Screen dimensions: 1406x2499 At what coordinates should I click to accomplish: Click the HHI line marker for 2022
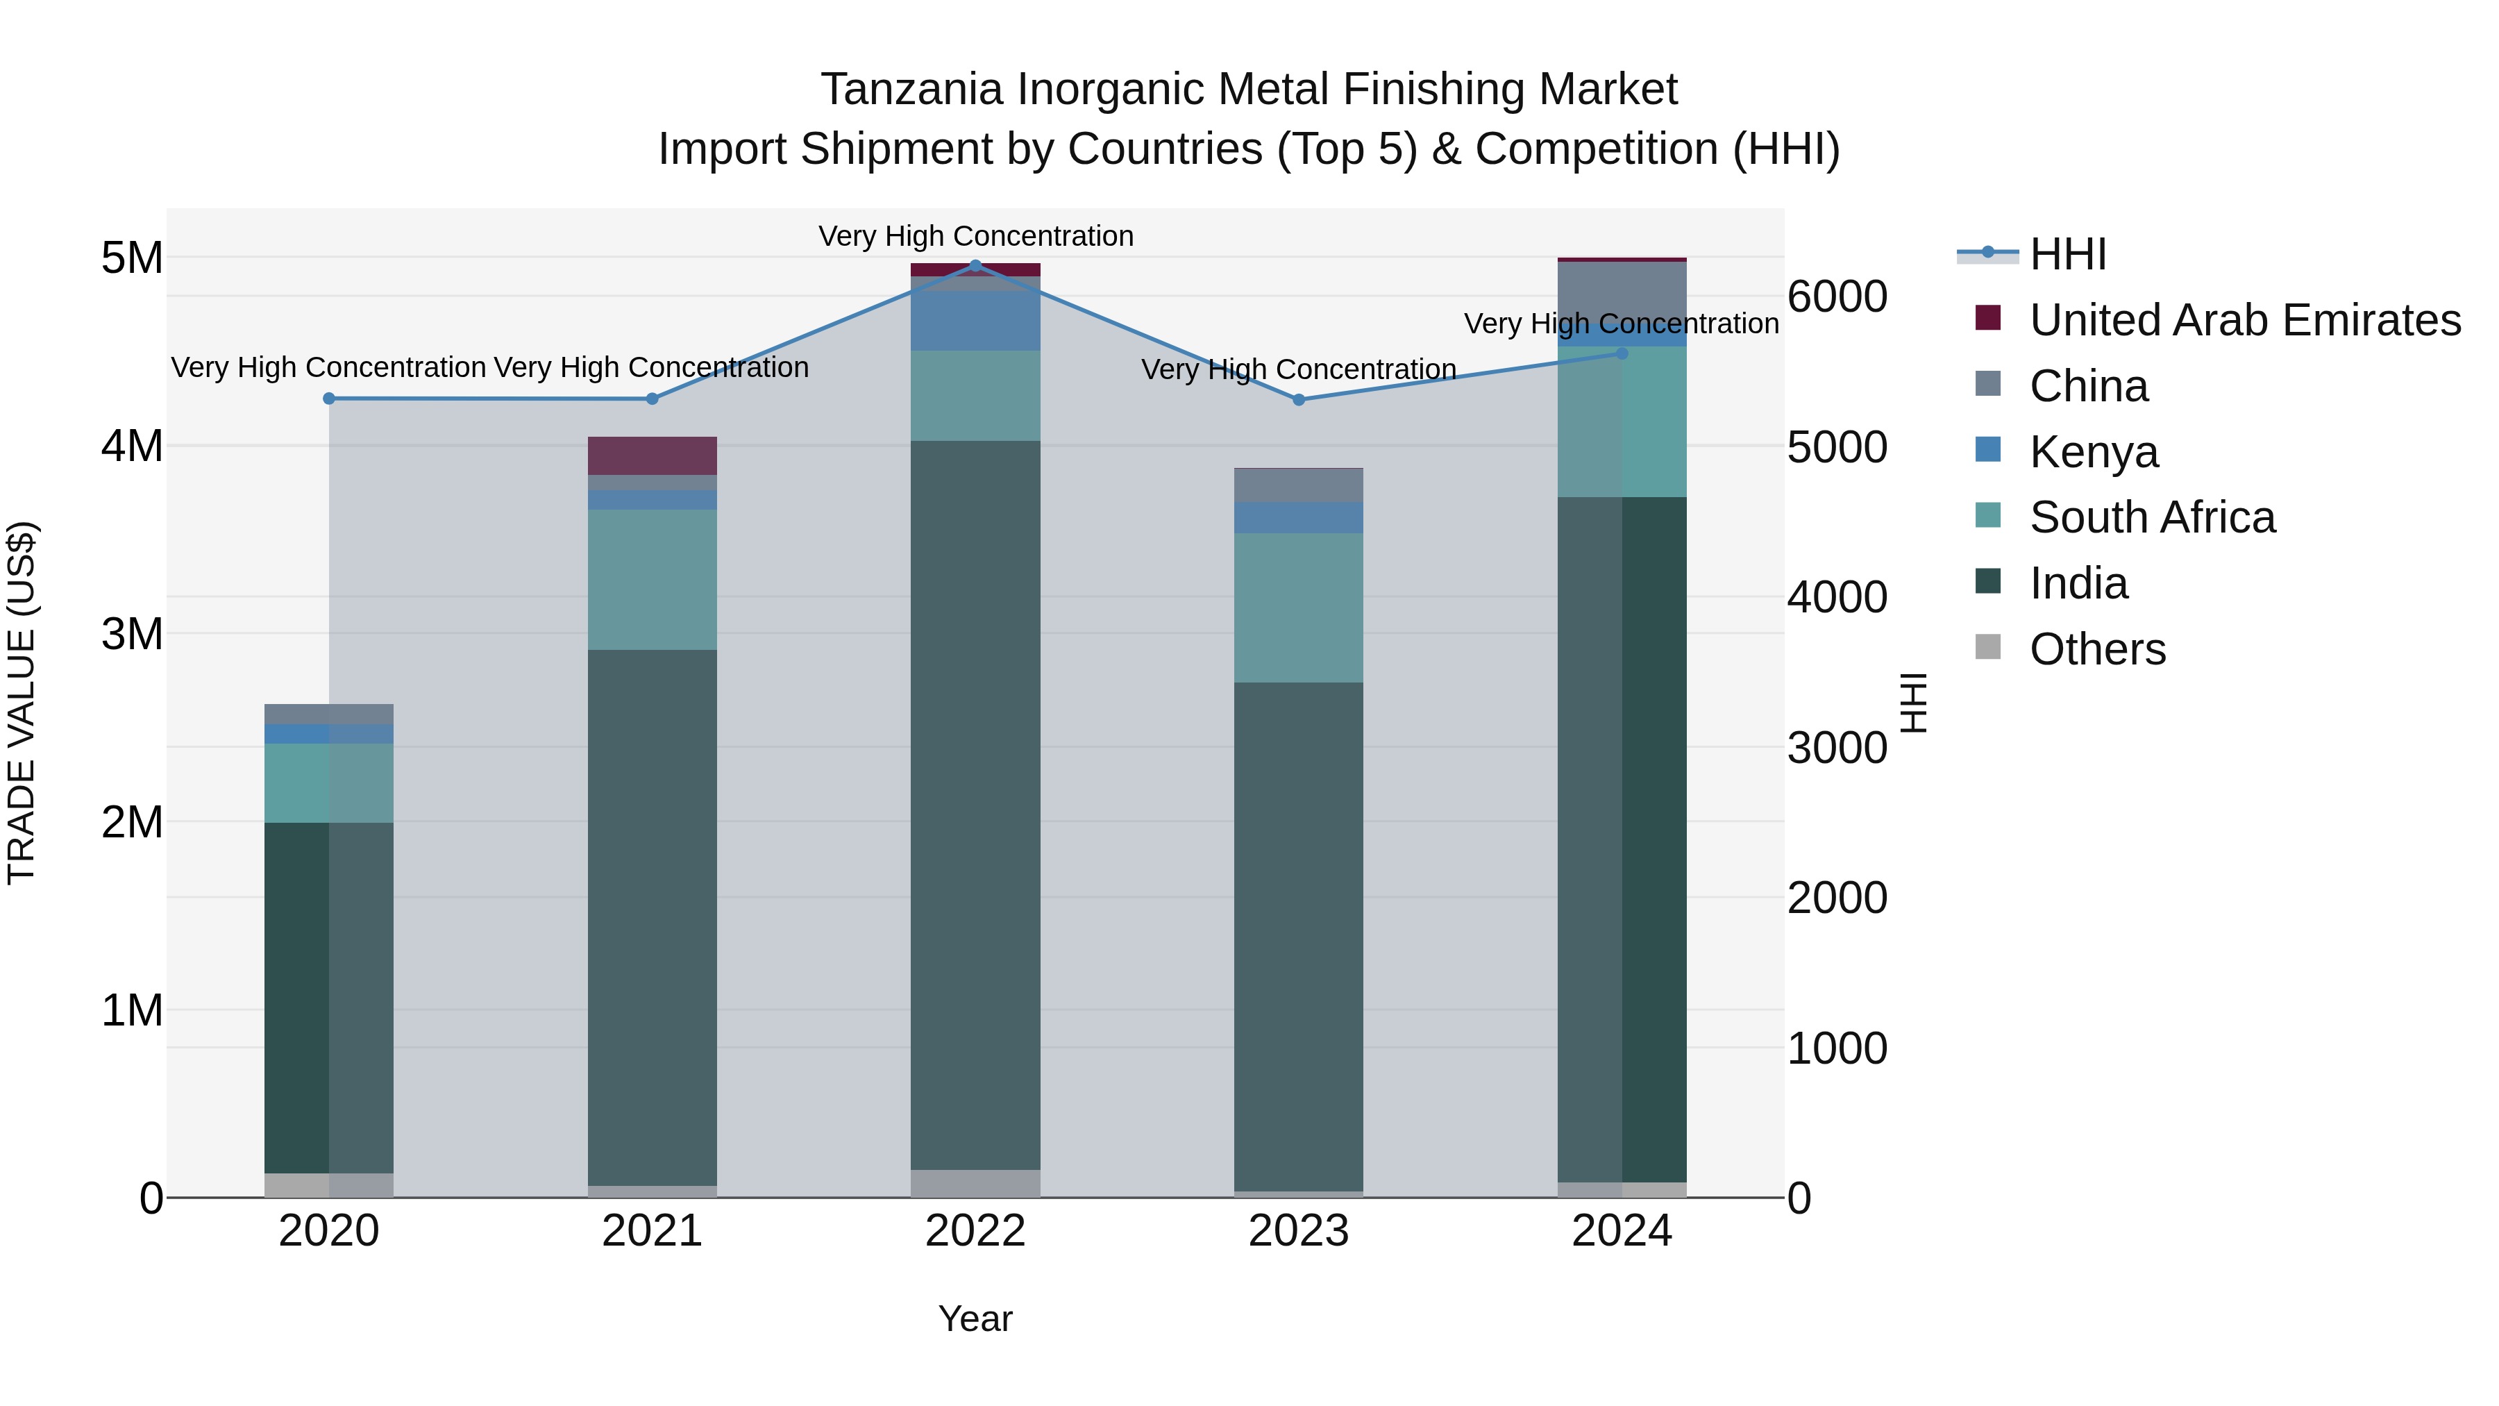click(975, 265)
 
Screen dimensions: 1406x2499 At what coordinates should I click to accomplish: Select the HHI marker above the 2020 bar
click(329, 399)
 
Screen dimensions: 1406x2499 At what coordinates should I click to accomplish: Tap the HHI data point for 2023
click(1299, 400)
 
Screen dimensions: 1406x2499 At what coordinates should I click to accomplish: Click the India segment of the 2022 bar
click(975, 805)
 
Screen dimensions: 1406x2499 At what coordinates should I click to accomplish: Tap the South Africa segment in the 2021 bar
click(652, 579)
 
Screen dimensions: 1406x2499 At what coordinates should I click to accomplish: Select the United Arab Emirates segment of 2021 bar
click(652, 456)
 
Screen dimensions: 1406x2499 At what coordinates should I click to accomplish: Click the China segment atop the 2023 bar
click(1298, 485)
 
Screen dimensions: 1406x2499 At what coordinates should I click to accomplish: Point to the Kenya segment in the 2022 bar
click(975, 320)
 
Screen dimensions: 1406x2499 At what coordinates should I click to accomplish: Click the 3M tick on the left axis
click(132, 635)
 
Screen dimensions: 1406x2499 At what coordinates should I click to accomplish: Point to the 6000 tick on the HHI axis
click(1836, 297)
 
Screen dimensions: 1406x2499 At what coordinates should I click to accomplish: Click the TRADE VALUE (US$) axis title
click(22, 703)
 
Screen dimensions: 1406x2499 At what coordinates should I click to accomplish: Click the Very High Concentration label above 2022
click(975, 236)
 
